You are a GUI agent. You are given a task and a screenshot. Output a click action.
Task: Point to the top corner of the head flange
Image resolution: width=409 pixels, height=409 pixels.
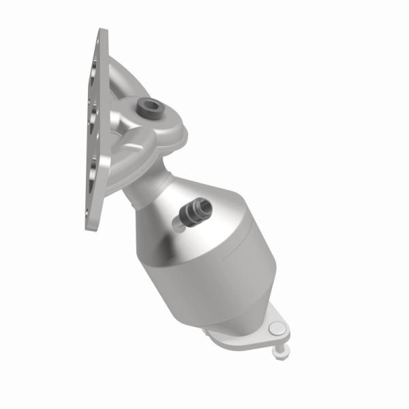(x=102, y=31)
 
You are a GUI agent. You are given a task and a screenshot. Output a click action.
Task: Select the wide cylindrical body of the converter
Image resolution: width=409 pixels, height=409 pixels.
(x=204, y=252)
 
